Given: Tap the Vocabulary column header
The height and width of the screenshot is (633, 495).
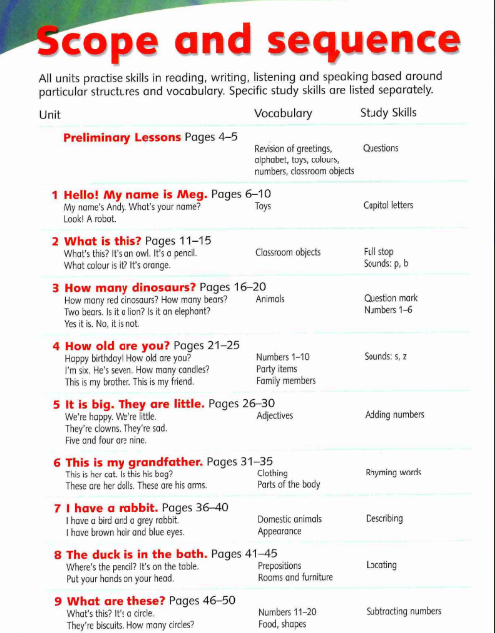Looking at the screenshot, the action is tap(283, 113).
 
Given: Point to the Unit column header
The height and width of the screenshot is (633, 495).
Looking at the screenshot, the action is tap(50, 114).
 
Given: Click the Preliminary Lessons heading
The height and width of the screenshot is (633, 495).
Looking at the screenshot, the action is tap(123, 137).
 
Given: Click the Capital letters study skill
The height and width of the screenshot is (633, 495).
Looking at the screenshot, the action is tap(388, 206).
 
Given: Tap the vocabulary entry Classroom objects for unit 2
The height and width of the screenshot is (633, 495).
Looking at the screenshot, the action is tap(288, 253).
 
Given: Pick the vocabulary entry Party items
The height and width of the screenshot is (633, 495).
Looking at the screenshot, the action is tap(278, 369).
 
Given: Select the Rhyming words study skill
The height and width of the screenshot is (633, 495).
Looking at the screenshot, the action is tap(393, 474).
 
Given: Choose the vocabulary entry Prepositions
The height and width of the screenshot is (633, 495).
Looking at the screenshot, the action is tap(280, 565).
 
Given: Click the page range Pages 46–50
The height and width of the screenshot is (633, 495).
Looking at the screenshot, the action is tap(203, 600).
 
